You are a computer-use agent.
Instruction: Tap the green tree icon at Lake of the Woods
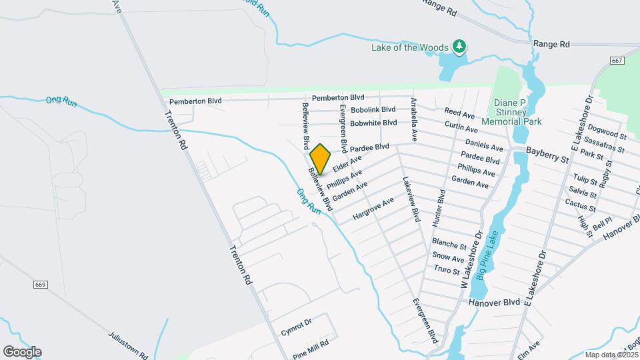[x=459, y=47]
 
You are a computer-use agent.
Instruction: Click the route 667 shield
[x=616, y=61]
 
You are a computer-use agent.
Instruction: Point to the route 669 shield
[x=40, y=285]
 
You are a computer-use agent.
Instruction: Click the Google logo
[x=22, y=352]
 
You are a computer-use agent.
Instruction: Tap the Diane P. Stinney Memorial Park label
[x=517, y=112]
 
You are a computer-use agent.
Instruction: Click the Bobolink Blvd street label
[x=373, y=109]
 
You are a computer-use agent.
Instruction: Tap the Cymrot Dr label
[x=296, y=324]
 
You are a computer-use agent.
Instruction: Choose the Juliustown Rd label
[x=127, y=344]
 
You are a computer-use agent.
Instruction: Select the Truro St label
[x=447, y=270]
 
